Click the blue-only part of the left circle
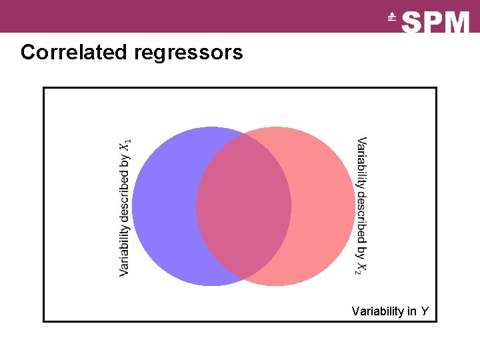pyautogui.click(x=163, y=207)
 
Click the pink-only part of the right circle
pyautogui.click(x=323, y=207)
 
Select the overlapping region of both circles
pyautogui.click(x=243, y=207)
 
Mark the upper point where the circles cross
pyautogui.click(x=243, y=135)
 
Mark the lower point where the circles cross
pyautogui.click(x=243, y=278)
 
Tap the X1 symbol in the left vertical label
pyautogui.click(x=125, y=145)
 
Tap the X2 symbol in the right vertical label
pyautogui.click(x=361, y=267)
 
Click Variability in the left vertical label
pyautogui.click(x=124, y=250)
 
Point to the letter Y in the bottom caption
pyautogui.click(x=425, y=311)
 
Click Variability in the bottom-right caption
pyautogui.click(x=377, y=311)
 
